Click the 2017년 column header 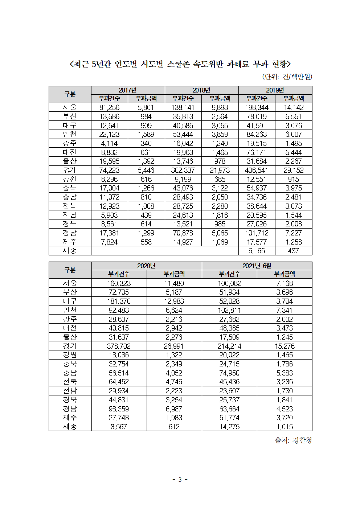coord(128,90)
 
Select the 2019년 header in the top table coord(275,90)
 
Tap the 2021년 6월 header coord(257,266)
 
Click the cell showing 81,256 coord(109,107)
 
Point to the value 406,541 coord(257,170)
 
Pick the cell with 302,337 coord(183,170)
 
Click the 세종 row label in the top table coord(70,251)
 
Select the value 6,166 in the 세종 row coord(257,251)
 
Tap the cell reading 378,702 coord(119,346)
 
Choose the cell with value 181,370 coord(119,301)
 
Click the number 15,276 coord(285,346)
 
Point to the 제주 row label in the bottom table coord(70,418)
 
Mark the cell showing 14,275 coord(229,427)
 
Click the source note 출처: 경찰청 coord(293,440)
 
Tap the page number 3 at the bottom coord(180,480)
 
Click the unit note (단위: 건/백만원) coord(287,77)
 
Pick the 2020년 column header coord(146,266)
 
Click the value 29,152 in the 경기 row coord(294,170)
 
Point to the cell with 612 coord(174,427)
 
